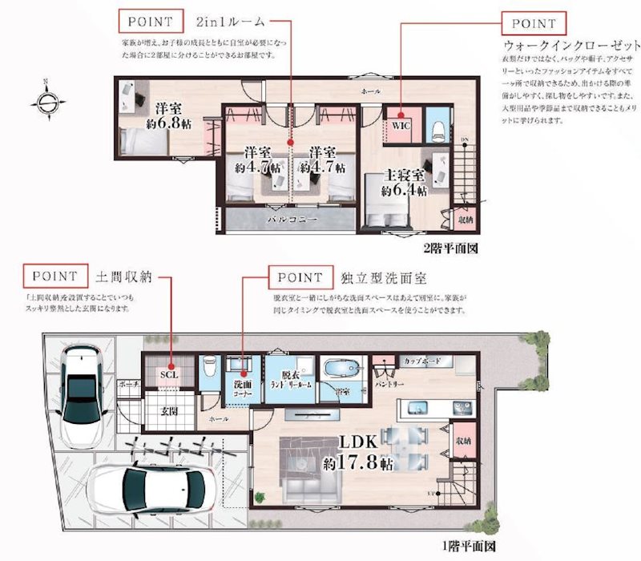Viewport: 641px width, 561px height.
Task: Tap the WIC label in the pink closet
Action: [400, 126]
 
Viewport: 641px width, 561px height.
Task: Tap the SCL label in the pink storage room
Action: [168, 373]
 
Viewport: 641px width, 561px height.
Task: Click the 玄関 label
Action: [168, 412]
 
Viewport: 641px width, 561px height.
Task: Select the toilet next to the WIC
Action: [437, 128]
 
